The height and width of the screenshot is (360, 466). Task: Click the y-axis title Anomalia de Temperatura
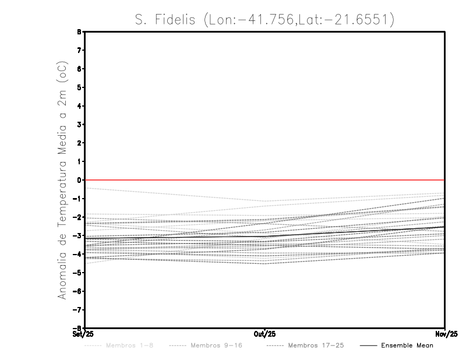[x=63, y=182]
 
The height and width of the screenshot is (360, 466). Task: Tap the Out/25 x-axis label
[x=264, y=334]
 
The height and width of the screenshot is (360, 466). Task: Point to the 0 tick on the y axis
[x=79, y=180]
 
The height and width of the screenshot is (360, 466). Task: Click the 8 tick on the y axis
[x=79, y=32]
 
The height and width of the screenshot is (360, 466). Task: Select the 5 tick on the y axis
[x=79, y=87]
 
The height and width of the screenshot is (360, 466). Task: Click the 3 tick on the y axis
[x=79, y=124]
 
